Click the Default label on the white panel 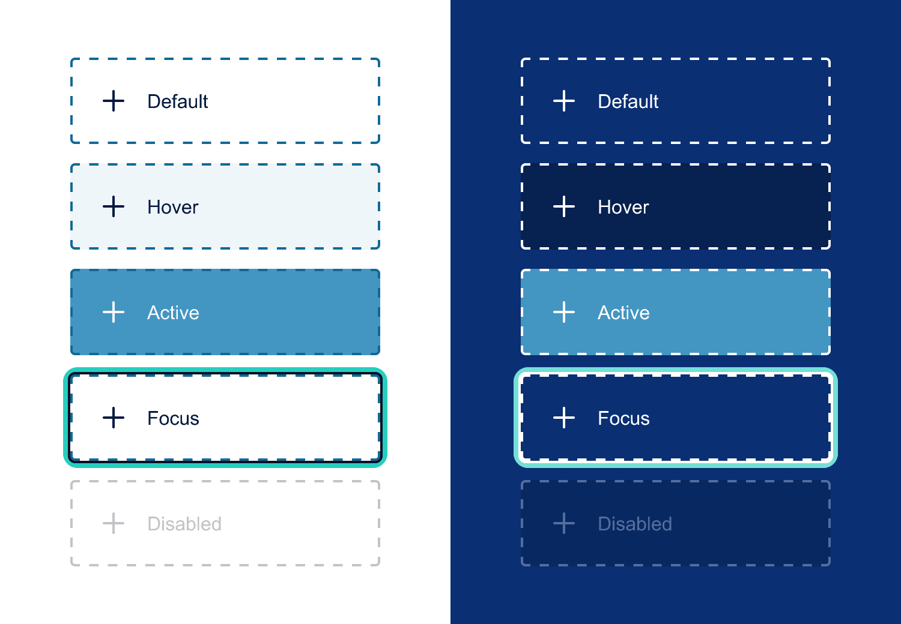pyautogui.click(x=177, y=101)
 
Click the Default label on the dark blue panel pyautogui.click(x=628, y=101)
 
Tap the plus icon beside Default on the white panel pyautogui.click(x=114, y=101)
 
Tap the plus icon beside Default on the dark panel pyautogui.click(x=564, y=101)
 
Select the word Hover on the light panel pyautogui.click(x=172, y=207)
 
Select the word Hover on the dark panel pyautogui.click(x=623, y=207)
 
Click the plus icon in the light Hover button pyautogui.click(x=114, y=206)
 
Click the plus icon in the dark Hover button pyautogui.click(x=564, y=206)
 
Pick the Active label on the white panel pyautogui.click(x=173, y=313)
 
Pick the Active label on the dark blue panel pyautogui.click(x=623, y=313)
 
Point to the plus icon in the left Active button pyautogui.click(x=114, y=312)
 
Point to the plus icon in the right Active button pyautogui.click(x=564, y=312)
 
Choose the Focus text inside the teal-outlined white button pyautogui.click(x=173, y=418)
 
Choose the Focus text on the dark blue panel pyautogui.click(x=623, y=418)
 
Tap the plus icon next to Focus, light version pyautogui.click(x=114, y=418)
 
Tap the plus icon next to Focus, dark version pyautogui.click(x=564, y=418)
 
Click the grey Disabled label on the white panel pyautogui.click(x=184, y=524)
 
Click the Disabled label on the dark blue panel pyautogui.click(x=635, y=524)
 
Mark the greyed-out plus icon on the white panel pyautogui.click(x=114, y=523)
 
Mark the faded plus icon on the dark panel pyautogui.click(x=564, y=523)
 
